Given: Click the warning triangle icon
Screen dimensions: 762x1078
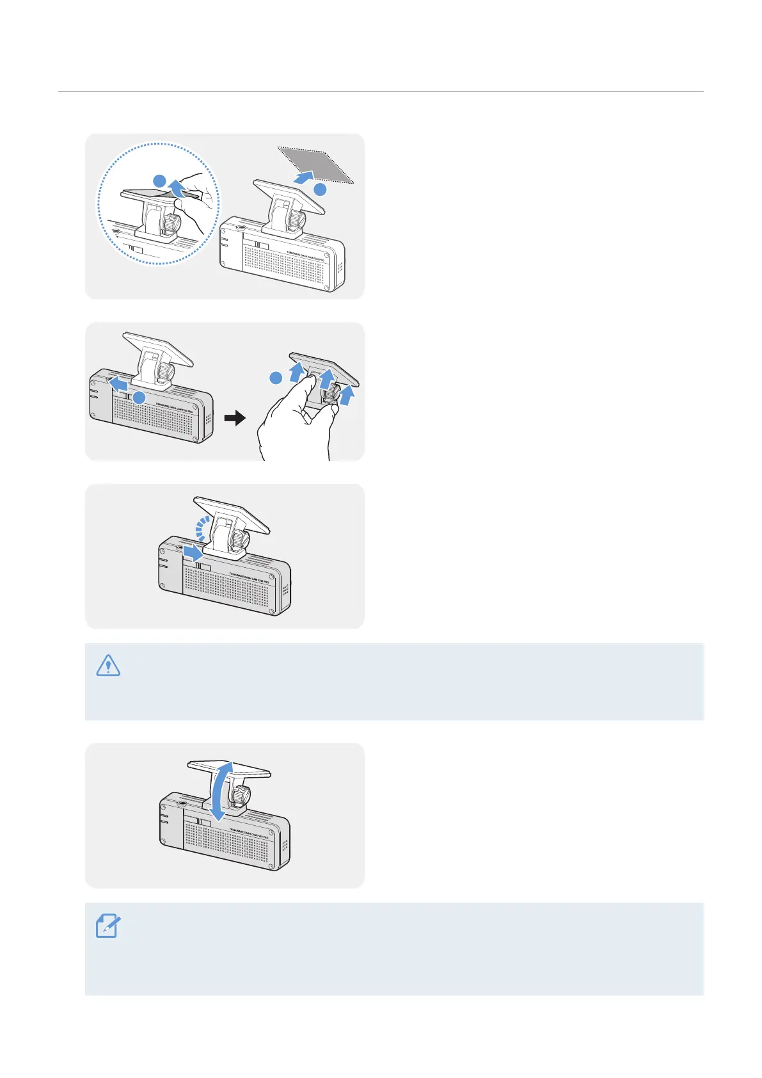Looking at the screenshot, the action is (108, 666).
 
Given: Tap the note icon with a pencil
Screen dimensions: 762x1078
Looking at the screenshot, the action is (107, 926).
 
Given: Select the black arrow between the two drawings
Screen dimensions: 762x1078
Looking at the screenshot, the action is (235, 419).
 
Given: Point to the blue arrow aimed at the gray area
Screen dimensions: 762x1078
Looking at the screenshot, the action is (304, 175).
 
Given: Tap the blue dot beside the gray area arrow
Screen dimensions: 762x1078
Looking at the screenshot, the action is (320, 189).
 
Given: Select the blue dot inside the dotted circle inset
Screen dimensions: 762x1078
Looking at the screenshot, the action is (160, 180).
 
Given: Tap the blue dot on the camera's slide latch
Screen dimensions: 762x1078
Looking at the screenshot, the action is (139, 398).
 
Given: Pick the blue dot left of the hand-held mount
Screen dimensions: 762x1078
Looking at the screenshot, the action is (276, 378).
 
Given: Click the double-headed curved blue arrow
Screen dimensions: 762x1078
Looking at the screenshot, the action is (220, 790).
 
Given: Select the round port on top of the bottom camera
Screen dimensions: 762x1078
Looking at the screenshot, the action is (181, 802).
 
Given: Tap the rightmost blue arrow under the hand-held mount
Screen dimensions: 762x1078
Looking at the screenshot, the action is (347, 394).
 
